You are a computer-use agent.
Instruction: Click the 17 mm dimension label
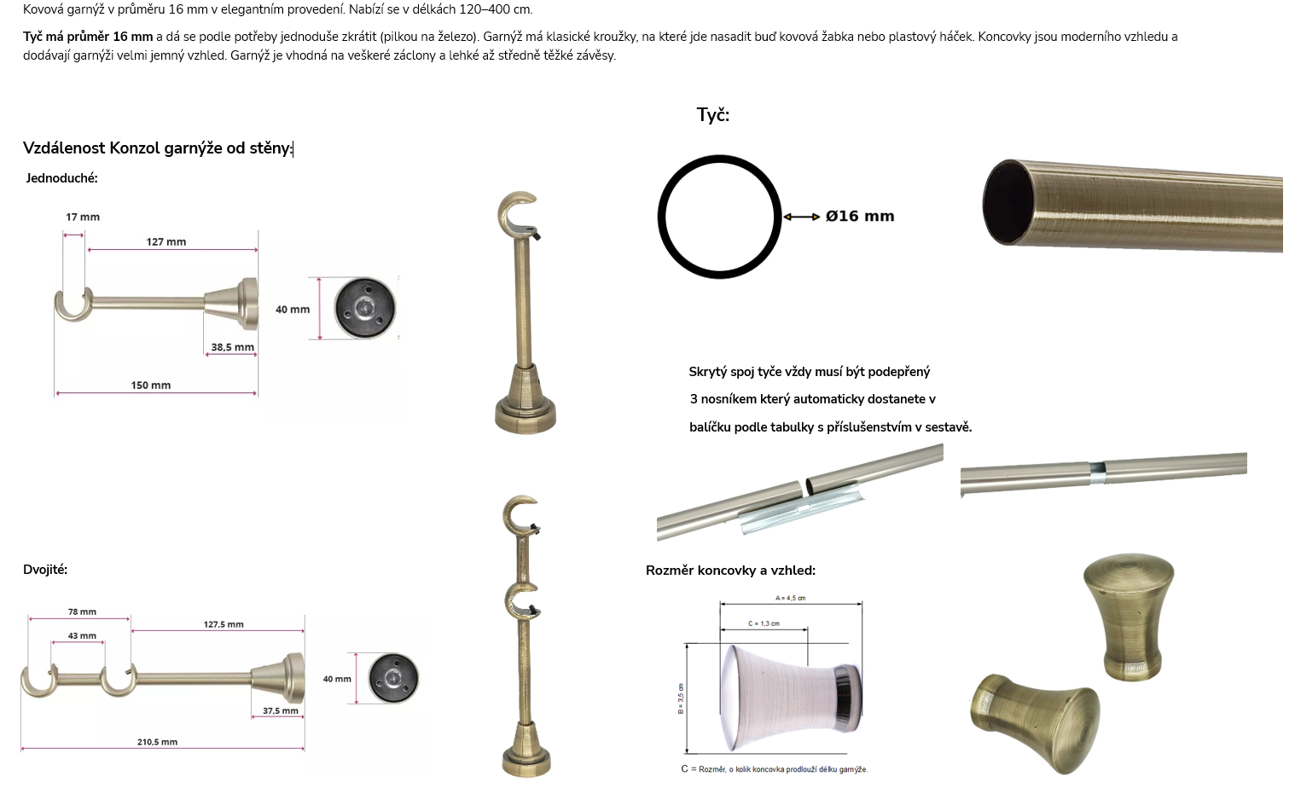[x=83, y=217]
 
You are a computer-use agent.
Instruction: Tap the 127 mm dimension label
[x=166, y=241]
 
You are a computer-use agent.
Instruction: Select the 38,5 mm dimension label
[x=232, y=347]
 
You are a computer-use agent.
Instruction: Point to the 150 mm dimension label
[x=151, y=385]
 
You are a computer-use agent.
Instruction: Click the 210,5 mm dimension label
[x=157, y=742]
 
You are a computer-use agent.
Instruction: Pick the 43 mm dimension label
[x=82, y=635]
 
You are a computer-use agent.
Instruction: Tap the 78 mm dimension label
[x=82, y=611]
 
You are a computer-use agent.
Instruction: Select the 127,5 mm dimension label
[x=224, y=624]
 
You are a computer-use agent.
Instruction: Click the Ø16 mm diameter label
[x=860, y=217]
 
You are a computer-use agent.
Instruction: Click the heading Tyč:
[x=713, y=115]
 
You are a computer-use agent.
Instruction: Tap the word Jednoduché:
[x=62, y=178]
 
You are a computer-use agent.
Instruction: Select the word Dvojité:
[x=45, y=570]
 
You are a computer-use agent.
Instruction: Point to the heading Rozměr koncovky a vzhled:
[x=731, y=571]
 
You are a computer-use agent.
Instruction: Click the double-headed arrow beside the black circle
[x=801, y=217]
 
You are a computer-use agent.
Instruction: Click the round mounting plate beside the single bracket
[x=365, y=308]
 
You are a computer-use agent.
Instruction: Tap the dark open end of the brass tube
[x=1008, y=202]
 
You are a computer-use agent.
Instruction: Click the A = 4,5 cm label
[x=790, y=598]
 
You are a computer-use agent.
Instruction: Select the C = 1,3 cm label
[x=764, y=623]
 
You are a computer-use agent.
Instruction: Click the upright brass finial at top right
[x=1129, y=617]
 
